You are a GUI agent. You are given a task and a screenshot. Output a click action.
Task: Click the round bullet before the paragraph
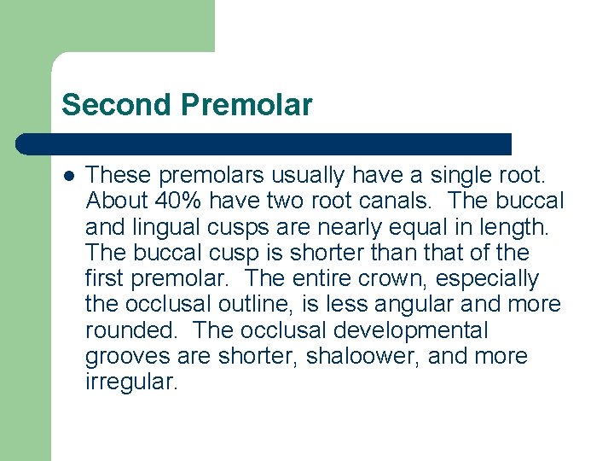70,177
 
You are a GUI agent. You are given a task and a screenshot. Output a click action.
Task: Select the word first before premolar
106,278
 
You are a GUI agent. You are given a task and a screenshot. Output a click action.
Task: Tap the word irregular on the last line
131,381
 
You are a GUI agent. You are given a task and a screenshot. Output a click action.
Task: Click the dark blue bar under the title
264,143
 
